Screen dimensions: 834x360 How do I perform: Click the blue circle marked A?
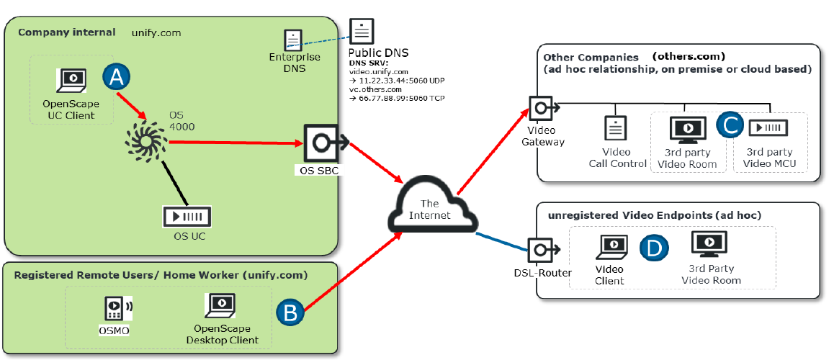point(116,78)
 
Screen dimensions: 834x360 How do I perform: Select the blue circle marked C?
point(730,125)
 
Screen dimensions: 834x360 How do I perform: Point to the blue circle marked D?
point(654,248)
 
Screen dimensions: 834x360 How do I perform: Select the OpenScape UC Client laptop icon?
point(71,81)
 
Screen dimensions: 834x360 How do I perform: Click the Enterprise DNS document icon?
point(292,40)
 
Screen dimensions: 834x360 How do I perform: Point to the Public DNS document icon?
point(361,32)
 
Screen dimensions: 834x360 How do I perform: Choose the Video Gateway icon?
point(542,109)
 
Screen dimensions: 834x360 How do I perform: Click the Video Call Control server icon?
point(616,128)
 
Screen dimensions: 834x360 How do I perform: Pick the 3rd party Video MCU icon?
point(768,128)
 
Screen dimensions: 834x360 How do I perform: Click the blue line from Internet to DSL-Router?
point(503,240)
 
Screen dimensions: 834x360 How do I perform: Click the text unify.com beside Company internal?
point(156,33)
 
